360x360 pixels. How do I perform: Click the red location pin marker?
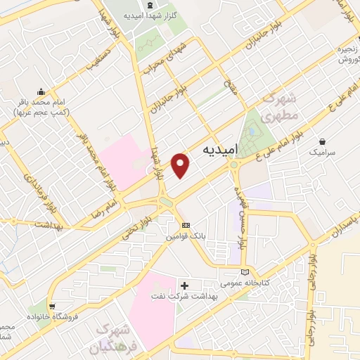181,165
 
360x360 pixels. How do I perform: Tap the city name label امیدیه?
224,150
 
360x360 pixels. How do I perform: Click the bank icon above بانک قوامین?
185,224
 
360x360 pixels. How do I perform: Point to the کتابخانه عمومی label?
245,284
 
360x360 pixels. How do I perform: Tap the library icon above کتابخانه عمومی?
245,272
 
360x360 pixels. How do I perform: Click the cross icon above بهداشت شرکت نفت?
185,285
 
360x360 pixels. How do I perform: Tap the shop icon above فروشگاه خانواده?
53,306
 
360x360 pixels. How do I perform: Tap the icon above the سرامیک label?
323,141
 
